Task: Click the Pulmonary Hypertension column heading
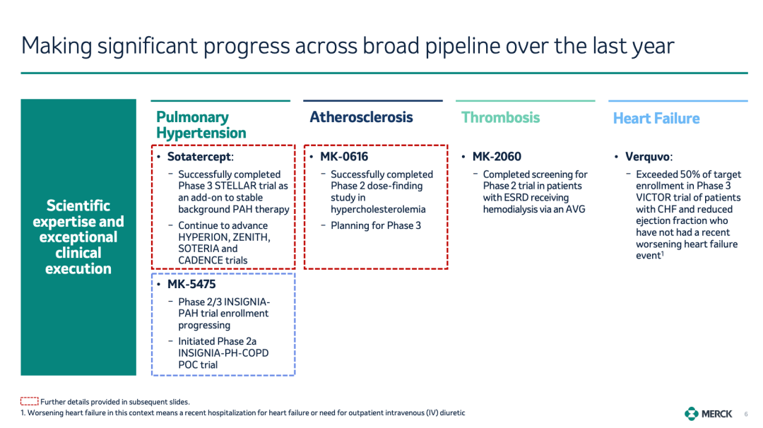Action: tap(201, 125)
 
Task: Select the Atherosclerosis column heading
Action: tap(361, 117)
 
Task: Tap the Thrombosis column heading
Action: tap(500, 117)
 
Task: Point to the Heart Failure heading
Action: tap(656, 118)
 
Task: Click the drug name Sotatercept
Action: tap(200, 157)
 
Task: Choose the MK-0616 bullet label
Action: tap(344, 157)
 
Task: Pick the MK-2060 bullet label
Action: tap(497, 157)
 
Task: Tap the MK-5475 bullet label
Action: tap(191, 284)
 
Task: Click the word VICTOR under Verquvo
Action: tap(653, 198)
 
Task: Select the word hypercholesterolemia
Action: tap(378, 210)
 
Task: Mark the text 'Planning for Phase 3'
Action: tap(376, 226)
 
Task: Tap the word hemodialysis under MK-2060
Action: tap(511, 210)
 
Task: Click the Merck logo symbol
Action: tap(692, 413)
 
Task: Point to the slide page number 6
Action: tap(746, 414)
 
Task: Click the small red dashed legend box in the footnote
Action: tap(29, 401)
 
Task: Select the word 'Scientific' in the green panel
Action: tap(78, 206)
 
